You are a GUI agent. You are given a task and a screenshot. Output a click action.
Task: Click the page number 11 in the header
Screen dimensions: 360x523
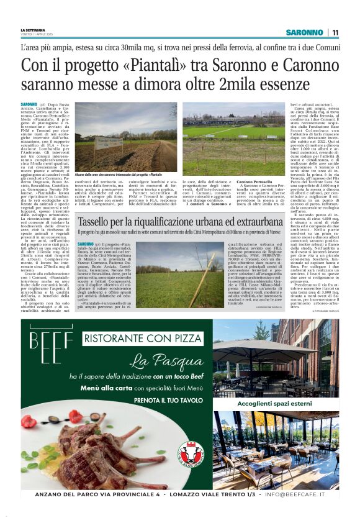point(335,32)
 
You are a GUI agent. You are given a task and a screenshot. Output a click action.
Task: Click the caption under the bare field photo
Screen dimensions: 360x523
point(124,176)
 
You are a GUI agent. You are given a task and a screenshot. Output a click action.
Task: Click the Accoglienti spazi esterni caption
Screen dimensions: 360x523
point(276,403)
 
